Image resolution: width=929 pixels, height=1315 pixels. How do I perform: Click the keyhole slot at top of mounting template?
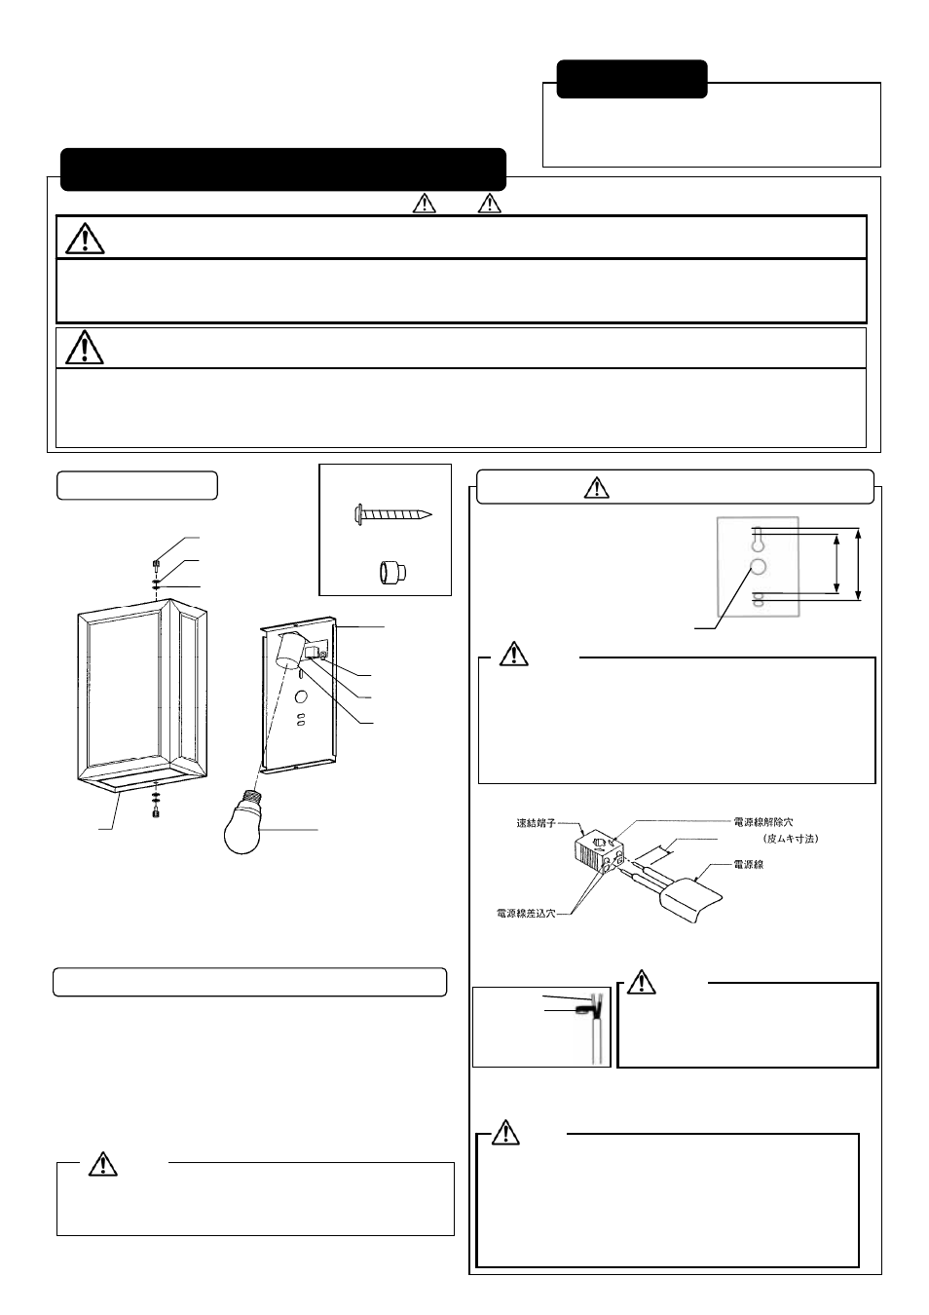pos(757,536)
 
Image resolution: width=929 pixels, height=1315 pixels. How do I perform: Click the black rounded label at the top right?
pos(632,79)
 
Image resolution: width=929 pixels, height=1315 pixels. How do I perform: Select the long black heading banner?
pos(283,169)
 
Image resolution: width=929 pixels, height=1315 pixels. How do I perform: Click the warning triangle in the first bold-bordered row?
pos(86,237)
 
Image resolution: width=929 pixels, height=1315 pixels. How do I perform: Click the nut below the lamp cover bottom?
pos(157,813)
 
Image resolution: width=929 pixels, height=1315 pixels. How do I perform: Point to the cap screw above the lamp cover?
pos(157,563)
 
